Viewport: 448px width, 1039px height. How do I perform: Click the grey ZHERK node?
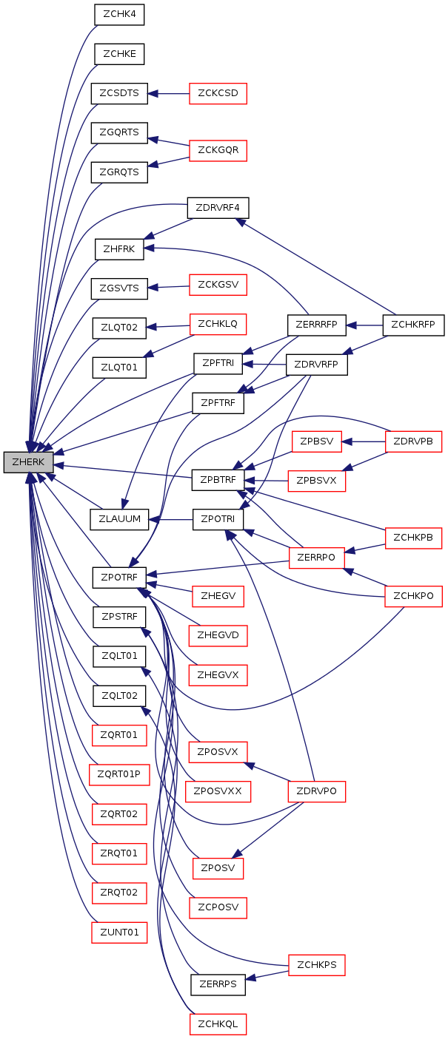coord(28,462)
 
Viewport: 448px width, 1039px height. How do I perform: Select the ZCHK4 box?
coord(119,14)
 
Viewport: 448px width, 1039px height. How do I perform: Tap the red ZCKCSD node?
coord(218,93)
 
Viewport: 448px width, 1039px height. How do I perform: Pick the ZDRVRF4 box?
coord(218,208)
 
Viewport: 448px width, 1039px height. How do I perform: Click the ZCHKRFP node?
coord(413,325)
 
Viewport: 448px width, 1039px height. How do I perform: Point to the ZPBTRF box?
coord(218,480)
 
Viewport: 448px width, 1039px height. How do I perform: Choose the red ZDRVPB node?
coord(413,441)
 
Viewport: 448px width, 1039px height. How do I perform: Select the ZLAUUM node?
coord(119,519)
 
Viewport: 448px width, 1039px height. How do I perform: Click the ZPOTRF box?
coord(119,578)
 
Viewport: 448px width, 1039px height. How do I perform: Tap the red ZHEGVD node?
coord(218,635)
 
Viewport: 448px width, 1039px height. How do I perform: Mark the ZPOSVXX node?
coord(218,791)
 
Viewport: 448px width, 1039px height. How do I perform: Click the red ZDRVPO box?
coord(317,791)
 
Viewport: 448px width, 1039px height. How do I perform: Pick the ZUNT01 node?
coord(119,933)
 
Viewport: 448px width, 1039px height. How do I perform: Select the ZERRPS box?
coord(218,984)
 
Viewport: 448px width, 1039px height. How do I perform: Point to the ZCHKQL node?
coord(218,1024)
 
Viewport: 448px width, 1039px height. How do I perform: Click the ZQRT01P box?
coord(119,774)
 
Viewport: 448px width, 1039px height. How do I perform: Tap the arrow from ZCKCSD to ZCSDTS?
coord(169,94)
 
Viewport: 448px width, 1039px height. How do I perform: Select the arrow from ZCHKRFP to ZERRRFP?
coord(364,325)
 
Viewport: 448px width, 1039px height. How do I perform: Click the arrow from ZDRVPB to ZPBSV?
coord(364,441)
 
